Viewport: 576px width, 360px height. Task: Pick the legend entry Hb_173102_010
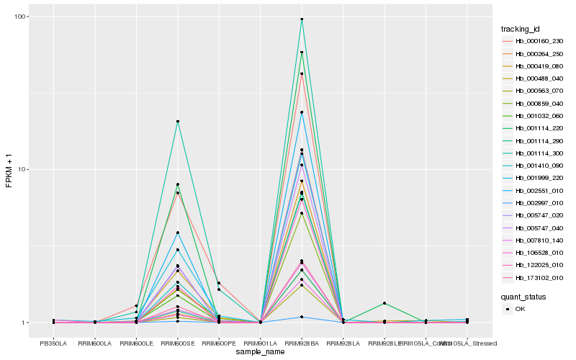(534, 277)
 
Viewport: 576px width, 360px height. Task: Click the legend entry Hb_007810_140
(534, 240)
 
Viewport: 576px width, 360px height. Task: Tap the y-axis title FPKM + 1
(9, 171)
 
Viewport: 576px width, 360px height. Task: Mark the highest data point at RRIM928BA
(302, 19)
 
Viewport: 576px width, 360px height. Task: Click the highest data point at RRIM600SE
(177, 121)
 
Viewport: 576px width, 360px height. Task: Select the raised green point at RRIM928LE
(384, 303)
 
